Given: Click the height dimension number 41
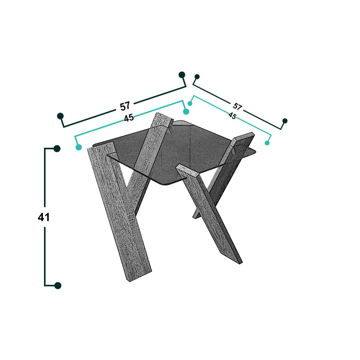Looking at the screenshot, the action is click(x=44, y=217).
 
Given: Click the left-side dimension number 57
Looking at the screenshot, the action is click(x=125, y=106).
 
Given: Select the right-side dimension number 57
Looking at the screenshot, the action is click(x=237, y=107).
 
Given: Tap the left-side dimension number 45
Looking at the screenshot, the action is click(x=129, y=118).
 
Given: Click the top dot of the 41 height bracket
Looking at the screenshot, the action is click(x=57, y=149).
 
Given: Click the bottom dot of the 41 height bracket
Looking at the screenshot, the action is click(x=58, y=285).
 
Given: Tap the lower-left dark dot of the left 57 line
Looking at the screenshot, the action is click(x=60, y=116).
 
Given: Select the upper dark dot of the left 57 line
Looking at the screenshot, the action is click(x=182, y=75).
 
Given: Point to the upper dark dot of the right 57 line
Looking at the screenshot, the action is click(x=197, y=76).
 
